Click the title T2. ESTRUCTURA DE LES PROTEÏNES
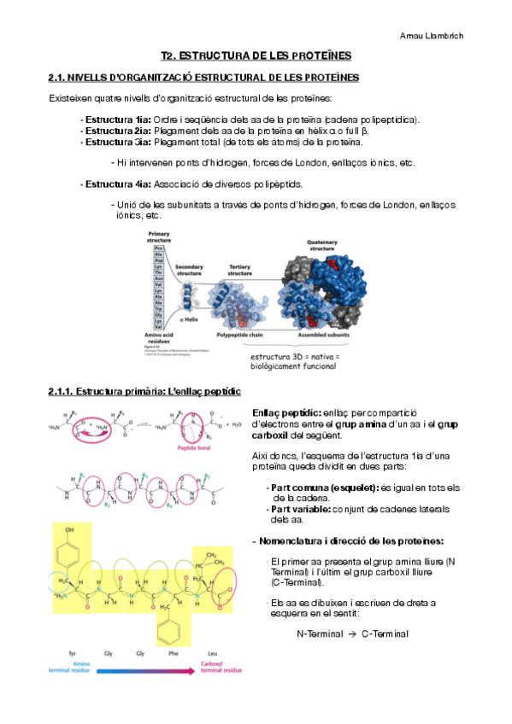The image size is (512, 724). [x=256, y=55]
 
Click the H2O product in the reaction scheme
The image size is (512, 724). [x=234, y=424]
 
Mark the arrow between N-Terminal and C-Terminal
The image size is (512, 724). [x=351, y=634]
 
